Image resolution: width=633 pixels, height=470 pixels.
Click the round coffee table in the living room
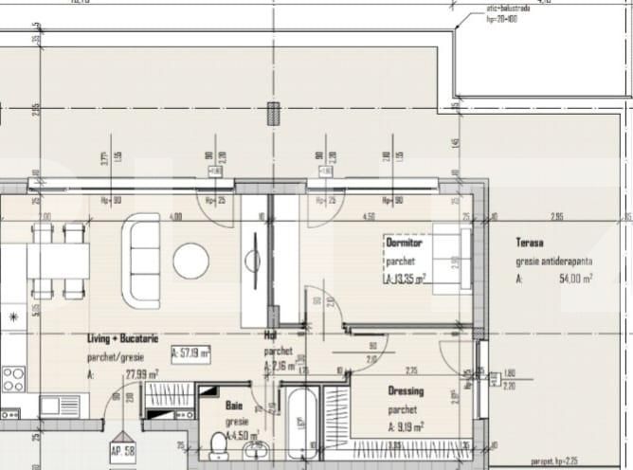[190, 261]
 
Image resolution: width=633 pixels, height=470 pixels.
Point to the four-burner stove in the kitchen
[12, 379]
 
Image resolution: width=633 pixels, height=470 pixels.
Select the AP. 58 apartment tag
[121, 451]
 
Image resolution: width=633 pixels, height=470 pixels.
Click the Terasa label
[530, 243]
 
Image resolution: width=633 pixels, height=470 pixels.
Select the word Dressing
[406, 390]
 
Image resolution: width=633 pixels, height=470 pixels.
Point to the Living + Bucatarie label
[122, 337]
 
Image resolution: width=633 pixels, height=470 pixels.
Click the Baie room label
[234, 405]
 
